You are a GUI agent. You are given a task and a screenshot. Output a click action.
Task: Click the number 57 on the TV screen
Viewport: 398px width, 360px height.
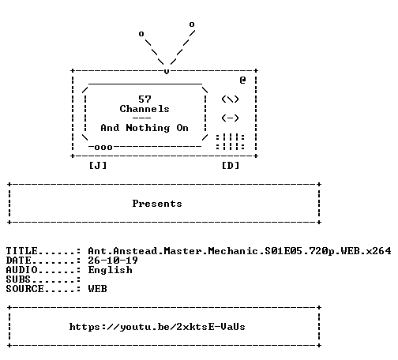[x=145, y=99]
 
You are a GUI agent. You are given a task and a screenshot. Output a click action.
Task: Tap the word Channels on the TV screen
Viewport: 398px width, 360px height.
[x=145, y=109]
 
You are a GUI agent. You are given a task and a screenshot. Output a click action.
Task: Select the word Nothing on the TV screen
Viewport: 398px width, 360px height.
[x=148, y=128]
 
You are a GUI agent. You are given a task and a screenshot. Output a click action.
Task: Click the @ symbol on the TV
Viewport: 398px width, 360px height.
[x=242, y=80]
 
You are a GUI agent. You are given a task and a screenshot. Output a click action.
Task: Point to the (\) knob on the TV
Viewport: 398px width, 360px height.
[x=230, y=99]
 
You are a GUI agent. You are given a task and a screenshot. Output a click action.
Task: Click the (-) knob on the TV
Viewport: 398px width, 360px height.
[x=230, y=118]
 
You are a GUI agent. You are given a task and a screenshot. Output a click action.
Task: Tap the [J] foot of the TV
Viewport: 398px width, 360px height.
[x=98, y=166]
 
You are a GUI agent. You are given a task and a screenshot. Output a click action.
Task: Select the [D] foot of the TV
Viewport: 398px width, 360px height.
[x=231, y=166]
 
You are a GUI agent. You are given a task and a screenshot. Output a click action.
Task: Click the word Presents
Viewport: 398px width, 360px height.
[x=157, y=204]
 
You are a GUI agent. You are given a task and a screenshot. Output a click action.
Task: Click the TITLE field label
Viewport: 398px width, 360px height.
[x=21, y=251]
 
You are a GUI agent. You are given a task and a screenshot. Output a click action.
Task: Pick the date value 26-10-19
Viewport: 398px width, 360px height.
[x=113, y=261]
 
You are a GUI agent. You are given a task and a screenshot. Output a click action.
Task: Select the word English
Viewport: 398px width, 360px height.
[x=111, y=270]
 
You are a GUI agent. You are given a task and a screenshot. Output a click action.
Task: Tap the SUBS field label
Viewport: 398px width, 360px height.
[x=18, y=279]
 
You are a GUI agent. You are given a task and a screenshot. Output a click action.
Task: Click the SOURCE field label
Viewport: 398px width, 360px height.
[x=24, y=289]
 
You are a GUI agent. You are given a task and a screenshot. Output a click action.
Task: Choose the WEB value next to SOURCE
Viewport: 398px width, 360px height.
[x=98, y=289]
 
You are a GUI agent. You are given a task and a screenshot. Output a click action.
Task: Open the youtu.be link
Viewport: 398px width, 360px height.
[x=157, y=327]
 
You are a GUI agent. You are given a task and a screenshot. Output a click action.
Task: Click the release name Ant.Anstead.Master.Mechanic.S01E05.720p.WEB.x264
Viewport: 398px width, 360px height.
[x=239, y=251]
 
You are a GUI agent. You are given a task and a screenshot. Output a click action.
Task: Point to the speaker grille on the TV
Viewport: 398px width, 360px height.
[x=231, y=142]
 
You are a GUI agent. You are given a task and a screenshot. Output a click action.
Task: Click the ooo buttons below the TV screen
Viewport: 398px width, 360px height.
[x=103, y=148]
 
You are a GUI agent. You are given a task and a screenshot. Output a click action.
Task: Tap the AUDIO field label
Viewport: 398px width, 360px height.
[x=21, y=270]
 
